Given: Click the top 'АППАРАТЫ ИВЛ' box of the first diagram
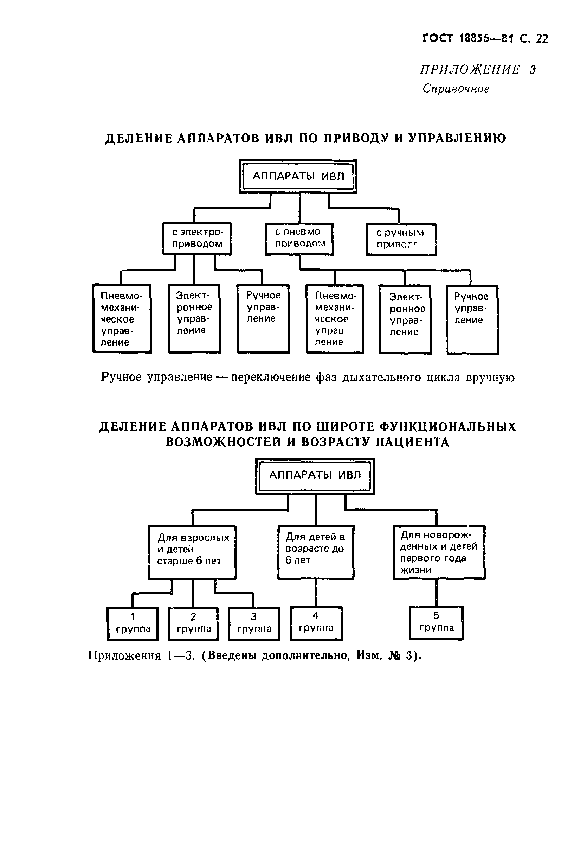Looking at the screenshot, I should [x=298, y=176].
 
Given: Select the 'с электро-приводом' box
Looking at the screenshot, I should [x=197, y=238].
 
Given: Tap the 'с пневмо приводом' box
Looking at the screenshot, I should [x=299, y=239].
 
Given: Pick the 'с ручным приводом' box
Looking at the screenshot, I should [x=401, y=239].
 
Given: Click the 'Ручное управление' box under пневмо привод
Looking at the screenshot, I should [x=472, y=319].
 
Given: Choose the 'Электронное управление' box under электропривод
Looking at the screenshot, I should [x=194, y=318].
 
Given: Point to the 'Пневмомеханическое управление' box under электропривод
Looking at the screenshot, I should [x=122, y=318].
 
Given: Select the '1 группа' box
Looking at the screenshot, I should [x=133, y=624].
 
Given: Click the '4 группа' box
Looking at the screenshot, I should [x=316, y=623].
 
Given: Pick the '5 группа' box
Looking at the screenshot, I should [x=437, y=622].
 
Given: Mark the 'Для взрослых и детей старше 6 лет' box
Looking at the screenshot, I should [x=192, y=552].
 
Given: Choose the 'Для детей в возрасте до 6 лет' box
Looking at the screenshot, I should [x=316, y=551].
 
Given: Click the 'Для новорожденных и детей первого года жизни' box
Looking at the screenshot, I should [x=439, y=551].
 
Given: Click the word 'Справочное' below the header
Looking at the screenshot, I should [x=456, y=88].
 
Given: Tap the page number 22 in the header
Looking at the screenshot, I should [x=542, y=39].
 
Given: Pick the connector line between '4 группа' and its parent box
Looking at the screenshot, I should [x=316, y=593].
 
